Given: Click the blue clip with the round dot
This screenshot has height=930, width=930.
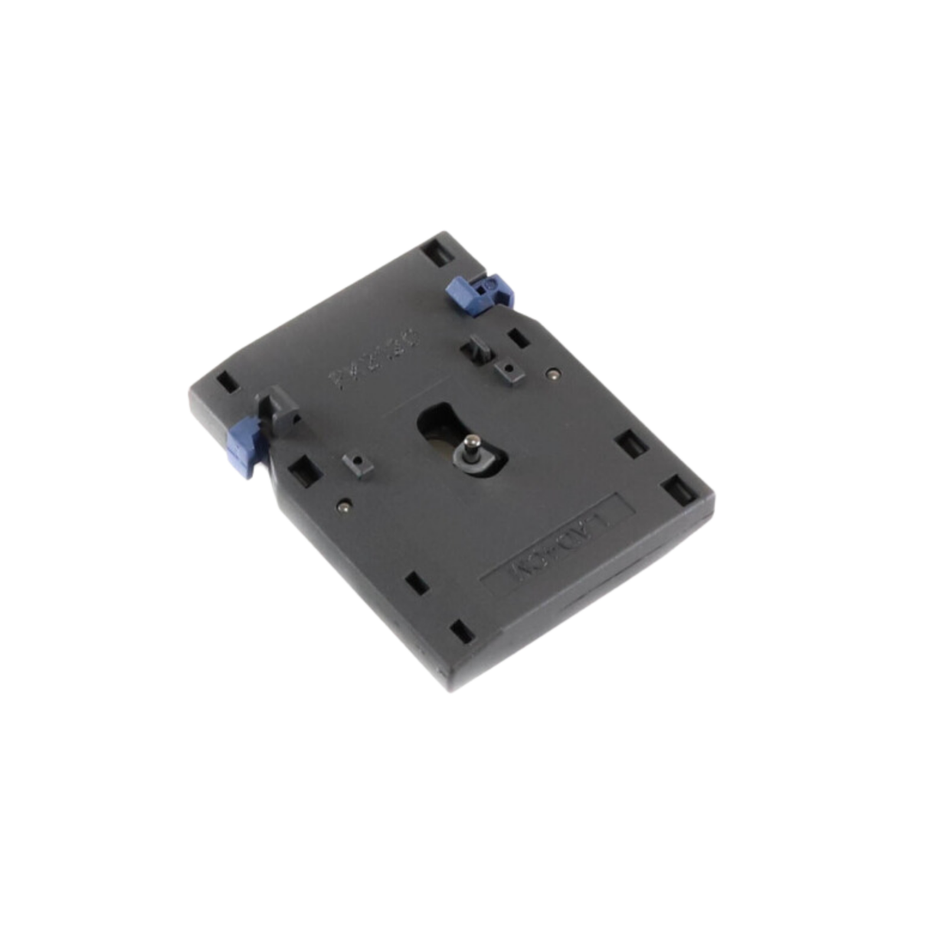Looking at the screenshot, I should tap(480, 295).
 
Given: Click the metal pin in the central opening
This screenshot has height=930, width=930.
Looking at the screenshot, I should tap(471, 445).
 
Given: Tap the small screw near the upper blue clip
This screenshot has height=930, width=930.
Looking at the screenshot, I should tap(553, 374).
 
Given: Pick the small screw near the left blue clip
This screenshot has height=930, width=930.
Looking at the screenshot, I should tap(347, 506).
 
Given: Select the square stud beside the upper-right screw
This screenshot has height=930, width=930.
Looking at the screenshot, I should tap(506, 370).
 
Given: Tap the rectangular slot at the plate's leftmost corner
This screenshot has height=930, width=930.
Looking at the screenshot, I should tap(225, 381).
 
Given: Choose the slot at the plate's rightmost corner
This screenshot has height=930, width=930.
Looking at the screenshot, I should tap(676, 488).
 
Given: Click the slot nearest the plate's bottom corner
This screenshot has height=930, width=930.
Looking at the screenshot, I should tap(459, 633).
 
